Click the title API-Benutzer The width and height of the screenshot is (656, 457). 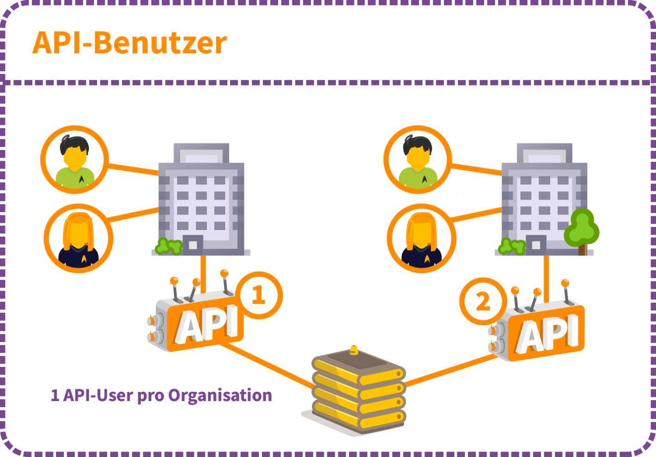coord(130,43)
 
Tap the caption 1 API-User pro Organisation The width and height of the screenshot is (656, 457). coord(161,396)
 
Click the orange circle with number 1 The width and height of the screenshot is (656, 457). coord(258,295)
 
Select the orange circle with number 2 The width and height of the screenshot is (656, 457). coord(483,302)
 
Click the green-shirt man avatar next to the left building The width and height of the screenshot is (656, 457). coord(74,159)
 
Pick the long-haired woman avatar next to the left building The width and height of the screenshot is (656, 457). coord(79,238)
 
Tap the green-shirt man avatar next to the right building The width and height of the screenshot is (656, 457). coord(417,159)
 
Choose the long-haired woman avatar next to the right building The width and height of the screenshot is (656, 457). coord(421,238)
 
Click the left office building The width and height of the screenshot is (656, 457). coord(201,199)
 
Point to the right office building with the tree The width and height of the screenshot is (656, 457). coord(544,199)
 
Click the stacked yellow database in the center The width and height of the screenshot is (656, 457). coord(356,393)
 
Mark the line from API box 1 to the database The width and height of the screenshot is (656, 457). coord(268,365)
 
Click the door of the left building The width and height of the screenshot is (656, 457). coord(193,244)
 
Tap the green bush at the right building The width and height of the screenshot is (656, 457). coord(511,247)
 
